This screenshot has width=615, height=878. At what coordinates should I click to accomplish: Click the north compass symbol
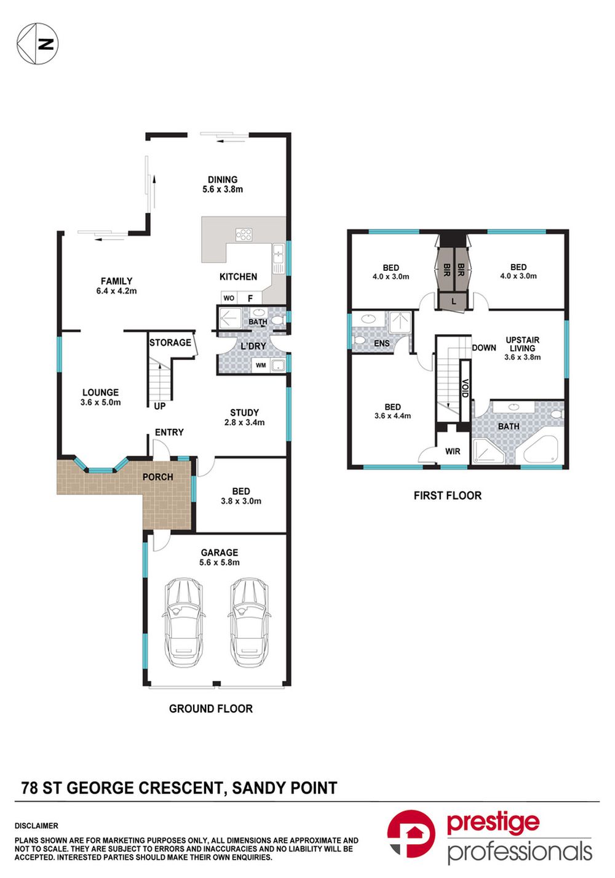(x=38, y=44)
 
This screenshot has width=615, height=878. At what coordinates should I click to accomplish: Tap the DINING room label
(x=223, y=180)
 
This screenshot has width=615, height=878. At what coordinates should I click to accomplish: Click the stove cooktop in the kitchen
(x=244, y=235)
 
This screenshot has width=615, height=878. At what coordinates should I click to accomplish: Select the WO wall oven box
(x=229, y=298)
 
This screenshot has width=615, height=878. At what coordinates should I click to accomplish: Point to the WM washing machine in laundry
(x=261, y=365)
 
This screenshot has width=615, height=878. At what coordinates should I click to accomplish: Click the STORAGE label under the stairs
(x=170, y=343)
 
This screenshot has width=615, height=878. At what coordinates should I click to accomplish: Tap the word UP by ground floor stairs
(x=160, y=406)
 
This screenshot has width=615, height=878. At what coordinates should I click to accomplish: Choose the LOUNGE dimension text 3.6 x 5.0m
(x=101, y=402)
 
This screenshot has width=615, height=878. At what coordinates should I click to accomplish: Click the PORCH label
(x=158, y=477)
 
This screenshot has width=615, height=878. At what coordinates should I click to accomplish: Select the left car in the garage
(x=184, y=622)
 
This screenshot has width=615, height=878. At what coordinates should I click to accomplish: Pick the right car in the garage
(x=248, y=622)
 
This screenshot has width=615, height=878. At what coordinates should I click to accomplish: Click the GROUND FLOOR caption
(x=211, y=709)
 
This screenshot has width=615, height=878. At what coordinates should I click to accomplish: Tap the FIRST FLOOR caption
(x=448, y=495)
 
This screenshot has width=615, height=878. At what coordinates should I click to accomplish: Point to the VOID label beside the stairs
(x=465, y=388)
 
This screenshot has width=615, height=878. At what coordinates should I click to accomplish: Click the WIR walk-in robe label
(x=453, y=451)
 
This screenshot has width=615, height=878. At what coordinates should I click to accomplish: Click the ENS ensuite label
(x=381, y=343)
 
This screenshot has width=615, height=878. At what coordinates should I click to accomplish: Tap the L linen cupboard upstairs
(x=454, y=301)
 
